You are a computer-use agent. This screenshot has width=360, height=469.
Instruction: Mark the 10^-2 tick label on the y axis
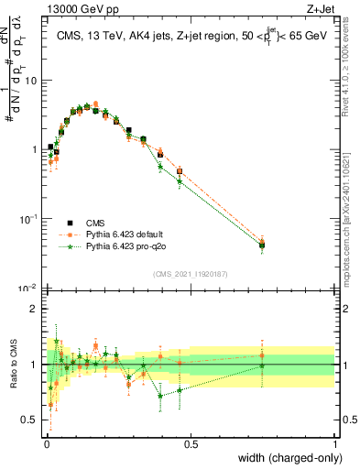point(28,288)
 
